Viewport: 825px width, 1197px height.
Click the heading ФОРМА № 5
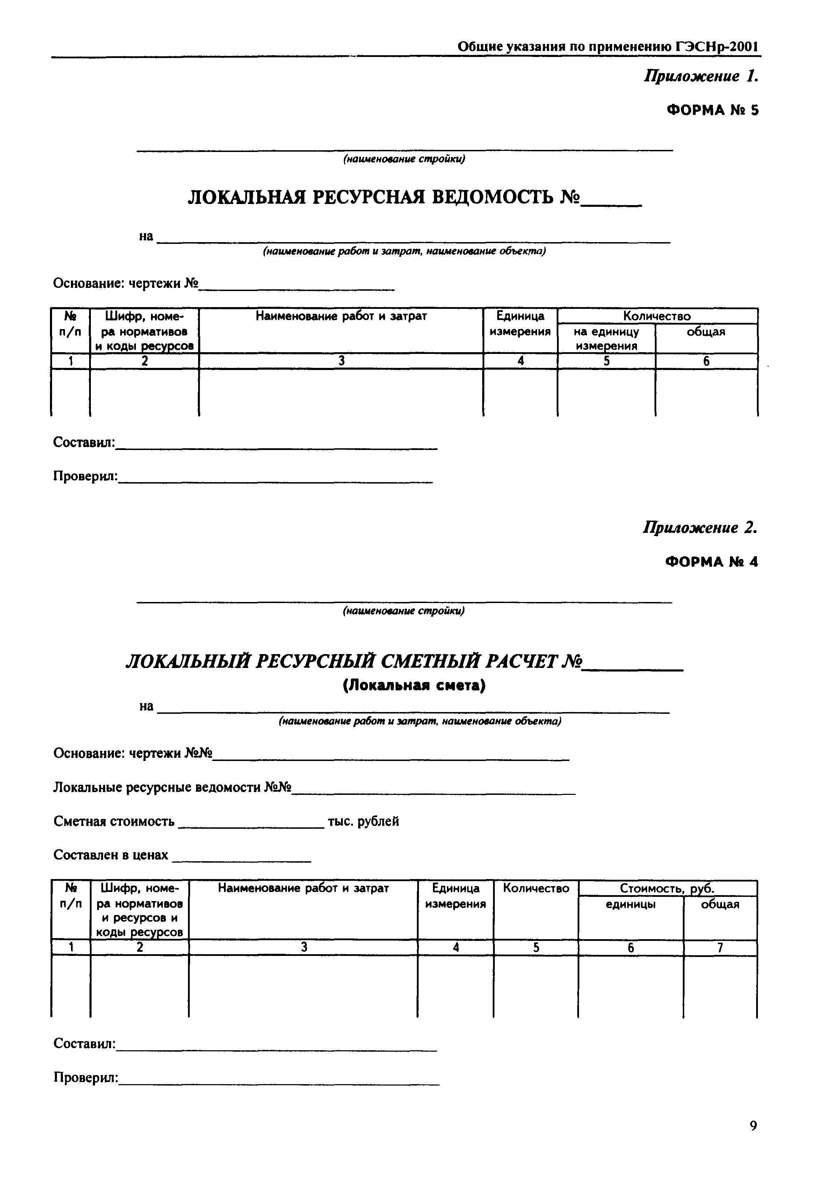click(x=713, y=110)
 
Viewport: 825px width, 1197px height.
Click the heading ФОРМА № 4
click(x=712, y=562)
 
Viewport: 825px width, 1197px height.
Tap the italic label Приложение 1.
click(x=700, y=77)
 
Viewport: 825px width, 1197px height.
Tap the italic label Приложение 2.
click(x=700, y=528)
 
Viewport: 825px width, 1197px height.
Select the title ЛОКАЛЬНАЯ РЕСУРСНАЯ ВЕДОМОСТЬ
click(x=383, y=197)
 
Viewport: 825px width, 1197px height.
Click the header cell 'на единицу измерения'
click(x=606, y=339)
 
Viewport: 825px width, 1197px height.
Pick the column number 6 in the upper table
click(x=706, y=361)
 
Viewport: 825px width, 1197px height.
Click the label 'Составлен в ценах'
click(x=111, y=855)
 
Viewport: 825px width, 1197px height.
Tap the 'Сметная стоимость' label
click(x=114, y=821)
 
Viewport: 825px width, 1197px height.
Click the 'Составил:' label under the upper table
click(x=84, y=442)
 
